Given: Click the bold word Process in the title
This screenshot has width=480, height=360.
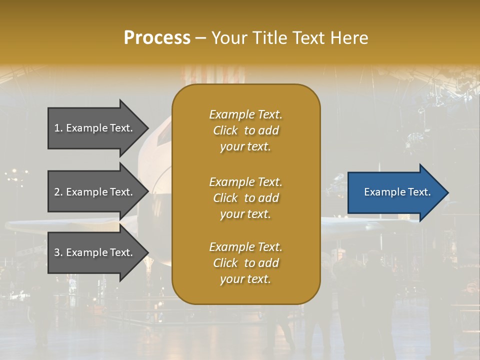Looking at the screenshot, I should pos(157,38).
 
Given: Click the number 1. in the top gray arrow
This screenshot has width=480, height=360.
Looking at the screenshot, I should pos(58,128).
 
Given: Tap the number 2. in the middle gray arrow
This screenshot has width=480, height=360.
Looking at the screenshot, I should pos(58,192).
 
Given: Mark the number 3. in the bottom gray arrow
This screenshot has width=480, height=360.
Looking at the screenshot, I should pos(58,252).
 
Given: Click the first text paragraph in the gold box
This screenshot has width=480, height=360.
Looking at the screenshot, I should pos(245,130).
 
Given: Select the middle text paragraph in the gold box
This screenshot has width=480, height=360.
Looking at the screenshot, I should pos(245,198).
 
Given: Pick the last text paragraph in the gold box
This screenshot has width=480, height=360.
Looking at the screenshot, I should pos(245,263).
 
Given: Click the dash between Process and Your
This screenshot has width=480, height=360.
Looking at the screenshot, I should pos(201,38).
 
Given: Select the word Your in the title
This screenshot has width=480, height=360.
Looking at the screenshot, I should pos(230,38).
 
